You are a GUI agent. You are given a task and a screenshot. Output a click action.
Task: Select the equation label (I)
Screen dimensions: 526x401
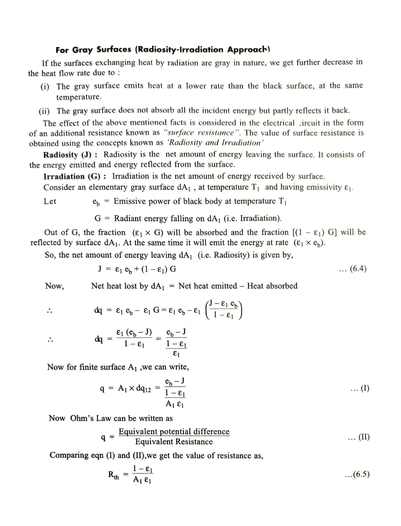pyautogui.click(x=365, y=388)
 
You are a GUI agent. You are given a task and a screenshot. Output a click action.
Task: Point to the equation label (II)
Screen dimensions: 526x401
pyautogui.click(x=363, y=437)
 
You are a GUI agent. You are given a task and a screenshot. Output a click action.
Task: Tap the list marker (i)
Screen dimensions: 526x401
pyautogui.click(x=45, y=87)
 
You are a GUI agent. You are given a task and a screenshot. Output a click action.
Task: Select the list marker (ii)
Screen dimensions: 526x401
pyautogui.click(x=44, y=111)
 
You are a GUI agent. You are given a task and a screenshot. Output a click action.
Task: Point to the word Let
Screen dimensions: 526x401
pyautogui.click(x=50, y=201)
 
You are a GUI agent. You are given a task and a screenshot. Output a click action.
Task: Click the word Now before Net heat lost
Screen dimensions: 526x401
pyautogui.click(x=55, y=286)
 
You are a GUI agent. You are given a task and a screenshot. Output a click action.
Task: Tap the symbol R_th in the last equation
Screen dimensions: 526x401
pyautogui.click(x=113, y=475)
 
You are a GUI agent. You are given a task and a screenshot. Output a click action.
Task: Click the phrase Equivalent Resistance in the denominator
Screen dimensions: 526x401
pyautogui.click(x=174, y=442)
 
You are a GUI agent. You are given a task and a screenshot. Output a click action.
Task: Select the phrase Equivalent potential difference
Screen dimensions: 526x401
pyautogui.click(x=174, y=431)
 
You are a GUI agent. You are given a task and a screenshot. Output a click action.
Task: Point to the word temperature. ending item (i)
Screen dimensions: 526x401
pyautogui.click(x=79, y=97)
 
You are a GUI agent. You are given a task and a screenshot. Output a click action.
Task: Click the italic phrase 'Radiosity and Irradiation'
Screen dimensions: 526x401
pyautogui.click(x=216, y=143)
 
